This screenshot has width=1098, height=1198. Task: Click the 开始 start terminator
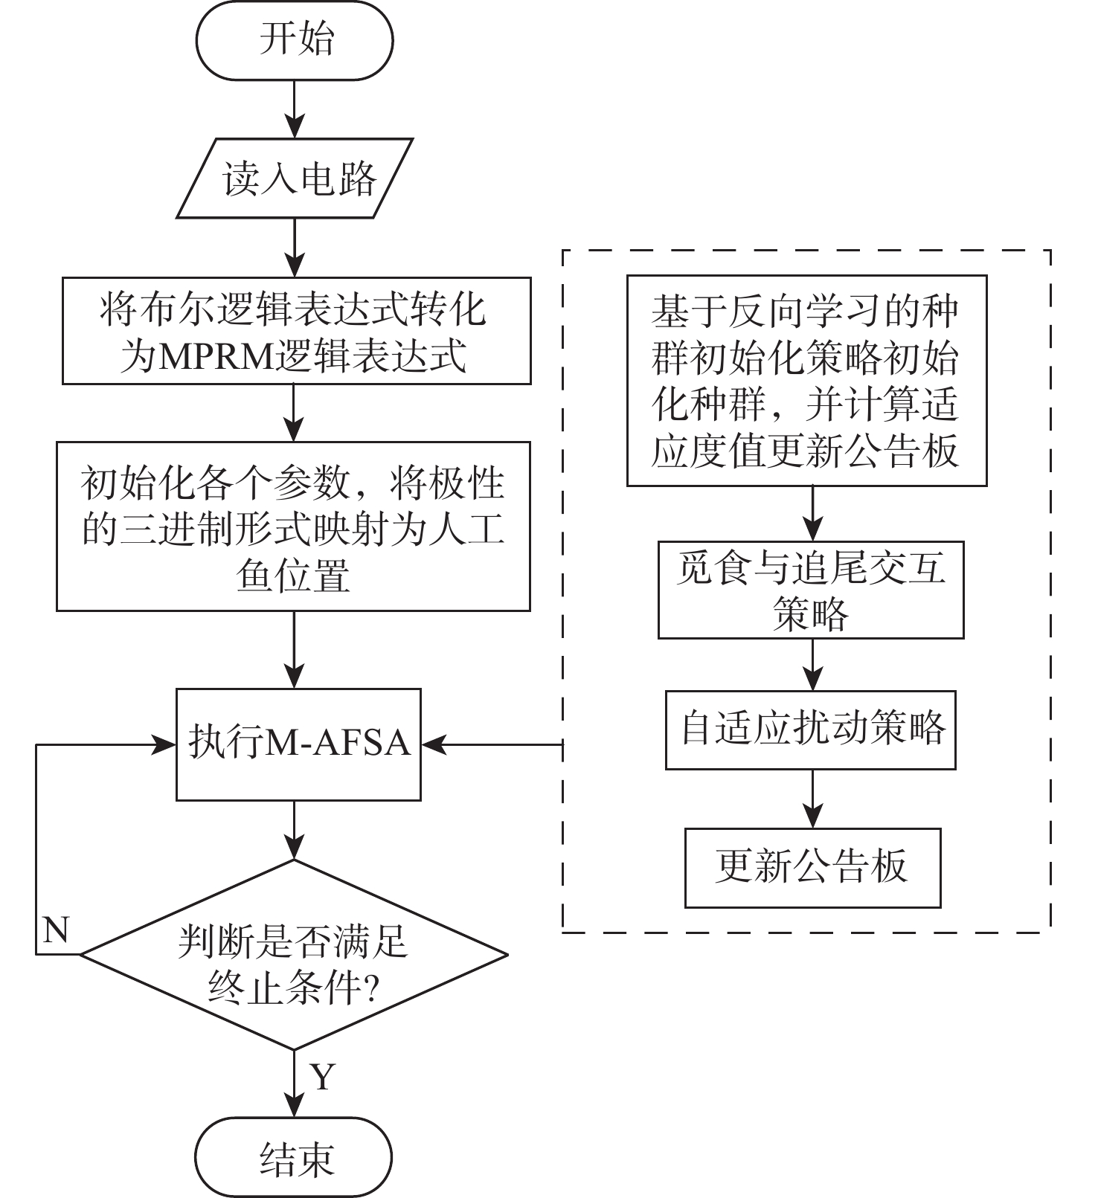[x=295, y=40]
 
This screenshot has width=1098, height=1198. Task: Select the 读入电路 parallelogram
[x=295, y=178]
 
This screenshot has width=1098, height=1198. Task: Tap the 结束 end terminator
[x=295, y=1157]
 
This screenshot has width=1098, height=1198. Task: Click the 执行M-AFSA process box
[x=298, y=744]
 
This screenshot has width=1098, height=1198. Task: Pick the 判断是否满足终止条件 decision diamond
[x=295, y=955]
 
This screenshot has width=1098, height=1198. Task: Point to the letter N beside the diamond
[x=56, y=930]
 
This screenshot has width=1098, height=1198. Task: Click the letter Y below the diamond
[x=323, y=1076]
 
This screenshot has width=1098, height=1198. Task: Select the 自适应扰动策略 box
[x=811, y=730]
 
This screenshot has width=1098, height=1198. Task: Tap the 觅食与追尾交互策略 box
[x=811, y=590]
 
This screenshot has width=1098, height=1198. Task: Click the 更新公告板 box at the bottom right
[x=812, y=867]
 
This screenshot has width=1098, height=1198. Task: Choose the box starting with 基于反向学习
[x=806, y=381]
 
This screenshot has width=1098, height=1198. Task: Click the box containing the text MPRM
[x=296, y=331]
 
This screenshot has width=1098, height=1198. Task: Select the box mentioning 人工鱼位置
[x=294, y=526]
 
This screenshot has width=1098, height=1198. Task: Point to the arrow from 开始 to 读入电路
[x=295, y=109]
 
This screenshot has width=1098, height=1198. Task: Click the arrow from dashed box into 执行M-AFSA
[x=491, y=744]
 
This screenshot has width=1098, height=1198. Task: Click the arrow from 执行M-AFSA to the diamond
[x=295, y=830]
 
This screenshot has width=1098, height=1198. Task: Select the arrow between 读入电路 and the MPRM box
[x=295, y=248]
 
